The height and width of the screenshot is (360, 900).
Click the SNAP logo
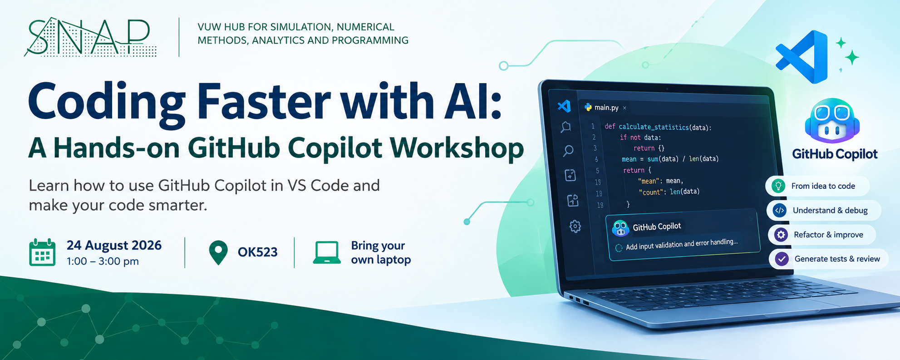tap(90, 37)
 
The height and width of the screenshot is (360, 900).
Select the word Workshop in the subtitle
tap(457, 149)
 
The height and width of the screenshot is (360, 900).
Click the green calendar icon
tap(42, 252)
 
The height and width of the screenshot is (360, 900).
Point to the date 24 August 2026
tap(114, 246)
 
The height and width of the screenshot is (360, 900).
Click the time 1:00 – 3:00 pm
tap(103, 261)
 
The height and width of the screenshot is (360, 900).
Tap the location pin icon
tap(218, 252)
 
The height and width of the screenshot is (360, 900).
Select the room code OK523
tap(257, 252)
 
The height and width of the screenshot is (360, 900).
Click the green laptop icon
tap(327, 252)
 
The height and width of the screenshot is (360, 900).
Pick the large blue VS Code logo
tap(802, 57)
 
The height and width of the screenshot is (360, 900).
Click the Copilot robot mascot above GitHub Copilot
tap(832, 121)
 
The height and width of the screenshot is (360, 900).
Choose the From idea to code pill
tap(817, 186)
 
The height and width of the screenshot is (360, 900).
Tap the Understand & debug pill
tap(824, 211)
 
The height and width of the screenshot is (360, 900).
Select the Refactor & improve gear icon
tap(781, 235)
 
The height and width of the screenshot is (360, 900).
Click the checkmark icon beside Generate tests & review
tap(782, 259)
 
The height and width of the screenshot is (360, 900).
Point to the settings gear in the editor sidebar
tap(575, 226)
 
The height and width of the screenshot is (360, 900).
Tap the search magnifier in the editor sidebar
tap(568, 151)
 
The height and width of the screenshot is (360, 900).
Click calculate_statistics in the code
tap(654, 128)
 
